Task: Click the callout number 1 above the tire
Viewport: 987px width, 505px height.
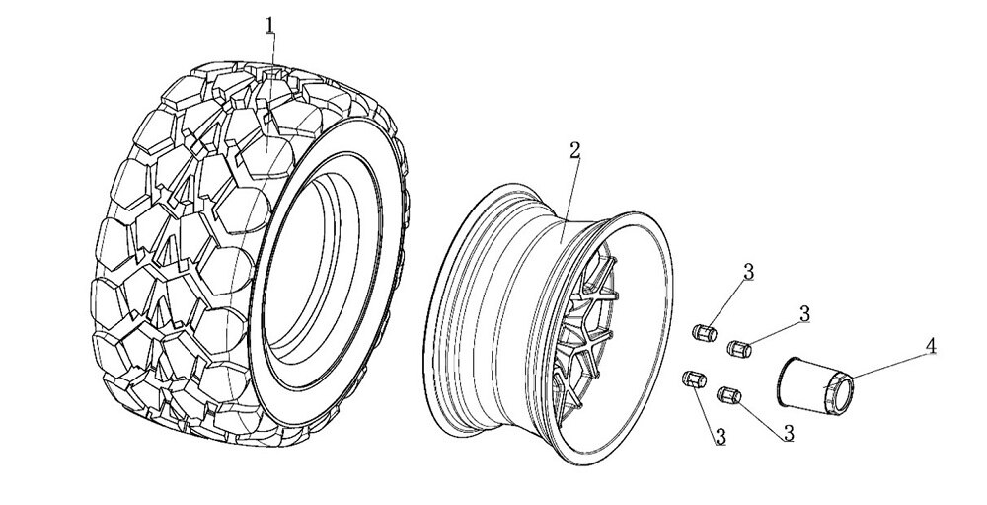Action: pyautogui.click(x=269, y=25)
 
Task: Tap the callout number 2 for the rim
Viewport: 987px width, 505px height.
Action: pyautogui.click(x=574, y=150)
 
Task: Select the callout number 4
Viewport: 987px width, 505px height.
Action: pyautogui.click(x=930, y=347)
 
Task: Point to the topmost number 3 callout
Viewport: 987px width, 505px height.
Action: pyautogui.click(x=749, y=271)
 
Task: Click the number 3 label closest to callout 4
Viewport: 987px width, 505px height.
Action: pyautogui.click(x=804, y=313)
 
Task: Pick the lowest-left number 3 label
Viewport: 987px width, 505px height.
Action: pyautogui.click(x=721, y=435)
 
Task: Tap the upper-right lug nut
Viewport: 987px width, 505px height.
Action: pyautogui.click(x=738, y=347)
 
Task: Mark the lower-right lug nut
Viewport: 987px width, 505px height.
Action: pyautogui.click(x=728, y=393)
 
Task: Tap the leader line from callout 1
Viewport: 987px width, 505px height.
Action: pyautogui.click(x=269, y=89)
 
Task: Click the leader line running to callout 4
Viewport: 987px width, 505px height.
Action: pyautogui.click(x=888, y=365)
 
